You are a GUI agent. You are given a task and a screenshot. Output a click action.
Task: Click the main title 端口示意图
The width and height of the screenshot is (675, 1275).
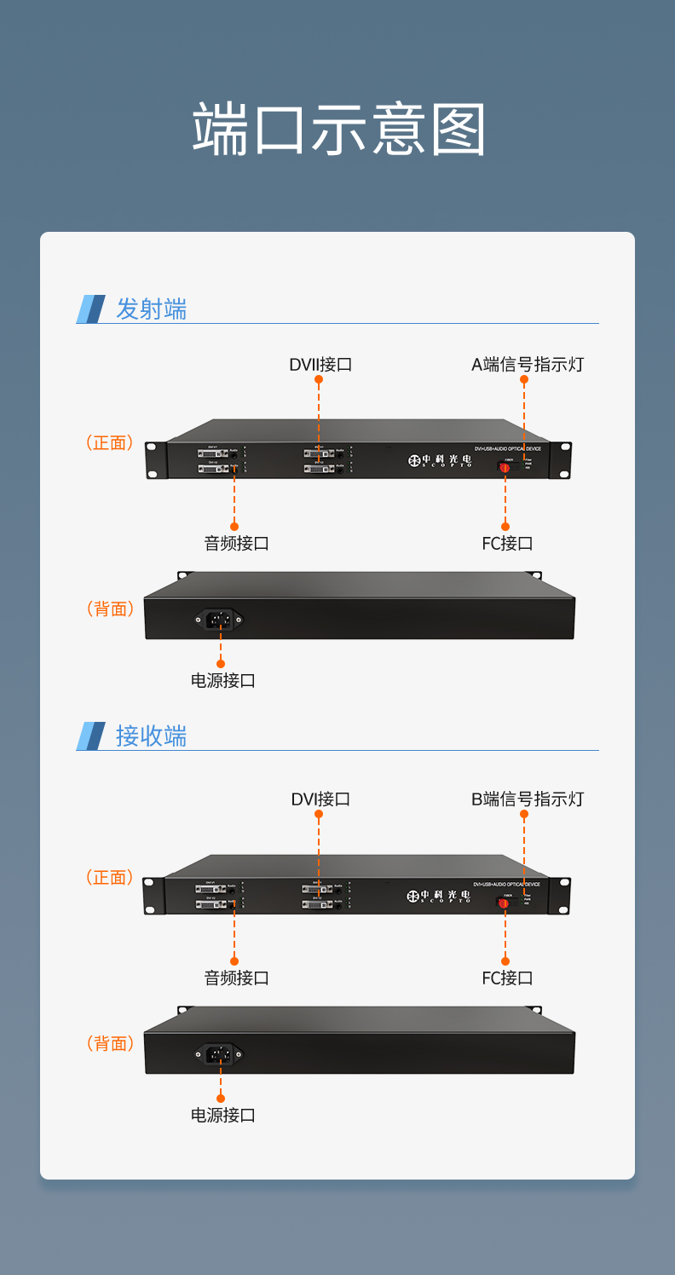click(x=338, y=130)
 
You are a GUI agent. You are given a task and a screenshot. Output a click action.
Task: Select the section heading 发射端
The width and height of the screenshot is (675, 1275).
click(x=151, y=309)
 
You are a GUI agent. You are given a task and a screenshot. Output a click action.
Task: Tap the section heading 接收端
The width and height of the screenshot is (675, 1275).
click(x=151, y=736)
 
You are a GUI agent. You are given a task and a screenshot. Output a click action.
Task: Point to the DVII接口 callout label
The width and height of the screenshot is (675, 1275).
click(x=320, y=365)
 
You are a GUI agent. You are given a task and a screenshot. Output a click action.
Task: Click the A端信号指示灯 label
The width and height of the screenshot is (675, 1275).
click(x=528, y=365)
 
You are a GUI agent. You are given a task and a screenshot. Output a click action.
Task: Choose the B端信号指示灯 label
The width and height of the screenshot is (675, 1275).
click(x=528, y=799)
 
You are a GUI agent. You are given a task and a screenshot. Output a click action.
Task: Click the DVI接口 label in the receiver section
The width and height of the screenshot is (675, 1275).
click(x=320, y=799)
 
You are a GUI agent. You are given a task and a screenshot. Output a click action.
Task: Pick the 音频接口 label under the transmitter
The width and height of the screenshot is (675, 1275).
click(x=236, y=544)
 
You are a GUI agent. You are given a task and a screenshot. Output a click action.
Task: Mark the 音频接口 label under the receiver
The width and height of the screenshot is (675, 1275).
click(x=236, y=978)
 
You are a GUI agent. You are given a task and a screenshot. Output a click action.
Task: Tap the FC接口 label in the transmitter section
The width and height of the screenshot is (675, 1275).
click(x=507, y=544)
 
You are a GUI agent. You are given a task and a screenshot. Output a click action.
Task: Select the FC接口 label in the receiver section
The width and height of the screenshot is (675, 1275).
click(x=507, y=978)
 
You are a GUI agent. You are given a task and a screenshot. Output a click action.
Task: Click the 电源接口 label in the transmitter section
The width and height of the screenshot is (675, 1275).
click(x=222, y=681)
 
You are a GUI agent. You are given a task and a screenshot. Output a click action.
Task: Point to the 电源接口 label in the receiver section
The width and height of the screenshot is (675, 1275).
click(x=222, y=1116)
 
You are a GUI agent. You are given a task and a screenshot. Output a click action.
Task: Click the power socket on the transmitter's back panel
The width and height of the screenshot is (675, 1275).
click(x=220, y=620)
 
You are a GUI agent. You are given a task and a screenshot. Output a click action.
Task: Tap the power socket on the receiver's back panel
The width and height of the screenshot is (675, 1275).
click(x=220, y=1054)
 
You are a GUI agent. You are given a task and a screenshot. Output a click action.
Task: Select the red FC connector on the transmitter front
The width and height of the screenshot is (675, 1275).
click(x=505, y=467)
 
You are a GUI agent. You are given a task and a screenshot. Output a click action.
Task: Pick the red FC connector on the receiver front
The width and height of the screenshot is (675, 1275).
click(x=505, y=902)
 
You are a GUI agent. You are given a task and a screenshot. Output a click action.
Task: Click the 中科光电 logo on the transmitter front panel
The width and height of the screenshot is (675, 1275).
click(x=439, y=460)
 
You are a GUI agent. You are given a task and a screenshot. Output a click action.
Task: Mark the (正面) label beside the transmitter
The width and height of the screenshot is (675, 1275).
click(x=110, y=443)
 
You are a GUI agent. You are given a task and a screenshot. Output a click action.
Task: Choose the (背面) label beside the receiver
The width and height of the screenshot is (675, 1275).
click(x=110, y=1044)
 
